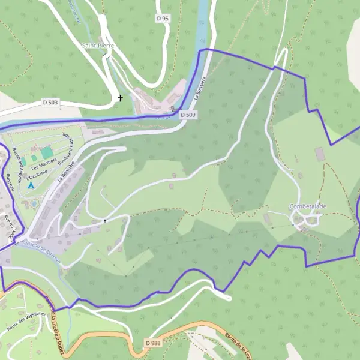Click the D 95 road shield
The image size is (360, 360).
163,19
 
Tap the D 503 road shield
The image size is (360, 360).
51,103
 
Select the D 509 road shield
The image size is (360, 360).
187,114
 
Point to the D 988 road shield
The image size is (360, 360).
153,343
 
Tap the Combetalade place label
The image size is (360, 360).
308,206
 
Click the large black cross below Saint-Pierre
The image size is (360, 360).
120,98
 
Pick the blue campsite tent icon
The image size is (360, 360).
31,185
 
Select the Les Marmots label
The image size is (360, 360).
44,162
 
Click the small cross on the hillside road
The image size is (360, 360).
105,220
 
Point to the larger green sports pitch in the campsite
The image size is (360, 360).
47,152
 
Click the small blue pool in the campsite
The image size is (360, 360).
34,203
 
